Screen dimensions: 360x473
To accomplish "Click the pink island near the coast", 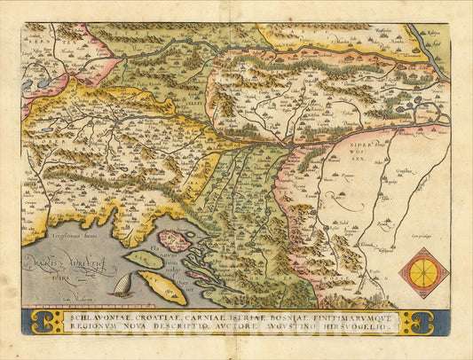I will (x=174, y=241).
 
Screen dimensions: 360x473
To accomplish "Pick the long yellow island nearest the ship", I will (x=162, y=287).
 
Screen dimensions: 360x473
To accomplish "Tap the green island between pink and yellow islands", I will (x=143, y=260).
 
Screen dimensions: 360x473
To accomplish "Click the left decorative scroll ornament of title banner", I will (x=38, y=321).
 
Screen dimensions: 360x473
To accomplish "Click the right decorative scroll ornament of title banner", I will (x=421, y=321).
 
